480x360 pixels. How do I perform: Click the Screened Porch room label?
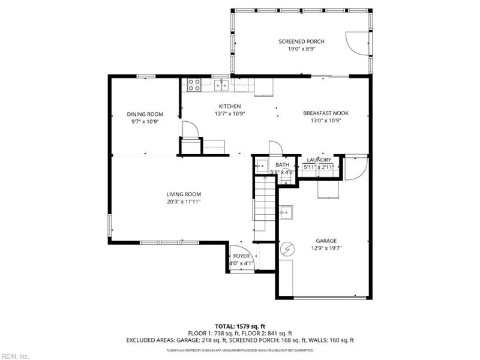point(301,41)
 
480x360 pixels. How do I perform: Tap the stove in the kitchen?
point(194,85)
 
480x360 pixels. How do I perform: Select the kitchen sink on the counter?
point(221,85)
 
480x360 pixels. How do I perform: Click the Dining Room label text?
point(145,114)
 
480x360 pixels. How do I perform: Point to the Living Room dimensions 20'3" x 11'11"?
point(184,202)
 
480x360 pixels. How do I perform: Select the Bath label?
point(282,164)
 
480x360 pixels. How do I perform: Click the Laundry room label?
point(319,160)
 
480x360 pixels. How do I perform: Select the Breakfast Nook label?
point(325,113)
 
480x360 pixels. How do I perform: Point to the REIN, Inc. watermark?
point(16,355)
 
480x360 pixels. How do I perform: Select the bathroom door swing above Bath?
point(275,148)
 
